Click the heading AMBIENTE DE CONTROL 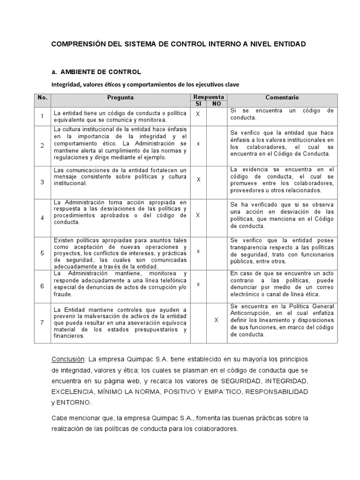(x=100, y=72)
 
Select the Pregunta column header (x=120, y=97)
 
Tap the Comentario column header (x=282, y=97)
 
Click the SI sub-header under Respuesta (x=198, y=104)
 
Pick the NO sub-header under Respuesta (x=216, y=104)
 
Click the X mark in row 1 (x=198, y=114)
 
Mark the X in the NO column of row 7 (x=216, y=320)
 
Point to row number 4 (x=42, y=218)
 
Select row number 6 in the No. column (x=42, y=286)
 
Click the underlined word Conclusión (x=67, y=359)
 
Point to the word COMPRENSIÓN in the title (x=75, y=44)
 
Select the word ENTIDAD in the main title (x=289, y=44)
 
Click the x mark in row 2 (x=198, y=143)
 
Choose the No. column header (x=42, y=97)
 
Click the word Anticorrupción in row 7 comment (x=251, y=314)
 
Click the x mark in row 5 (x=198, y=251)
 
